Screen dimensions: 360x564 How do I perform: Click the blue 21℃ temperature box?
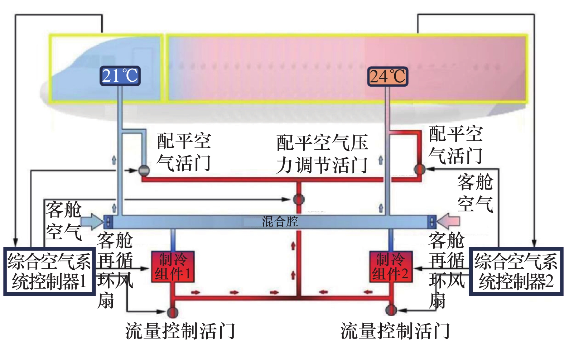point(120,76)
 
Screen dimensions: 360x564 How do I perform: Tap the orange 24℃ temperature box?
point(387,76)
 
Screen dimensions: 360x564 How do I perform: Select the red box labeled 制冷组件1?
point(173,267)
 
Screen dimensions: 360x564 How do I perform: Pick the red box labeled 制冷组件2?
point(391,267)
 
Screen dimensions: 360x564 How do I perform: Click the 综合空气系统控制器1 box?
point(49,271)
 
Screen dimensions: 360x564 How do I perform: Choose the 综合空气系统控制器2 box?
point(516,271)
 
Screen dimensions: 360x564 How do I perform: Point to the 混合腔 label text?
point(280,221)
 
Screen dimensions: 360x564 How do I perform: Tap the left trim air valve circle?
point(144,170)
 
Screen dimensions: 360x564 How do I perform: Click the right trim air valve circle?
point(419,169)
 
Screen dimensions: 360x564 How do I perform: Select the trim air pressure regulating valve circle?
point(299,199)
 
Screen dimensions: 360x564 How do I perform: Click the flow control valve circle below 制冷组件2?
point(391,310)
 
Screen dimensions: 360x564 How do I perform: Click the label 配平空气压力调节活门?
point(322,154)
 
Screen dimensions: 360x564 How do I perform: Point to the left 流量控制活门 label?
point(180,331)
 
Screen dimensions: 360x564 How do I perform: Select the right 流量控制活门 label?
point(395,331)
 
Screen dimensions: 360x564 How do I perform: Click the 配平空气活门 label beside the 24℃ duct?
point(455,145)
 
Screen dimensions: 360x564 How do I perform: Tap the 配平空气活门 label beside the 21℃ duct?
point(184,152)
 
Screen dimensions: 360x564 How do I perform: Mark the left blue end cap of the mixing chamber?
point(108,222)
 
